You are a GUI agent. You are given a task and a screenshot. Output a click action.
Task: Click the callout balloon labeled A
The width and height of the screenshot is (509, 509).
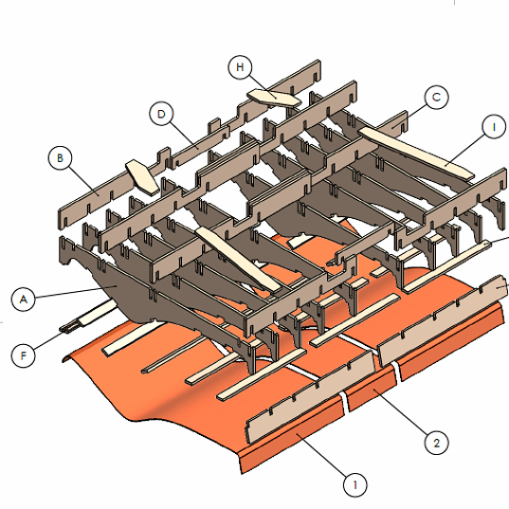(x=24, y=299)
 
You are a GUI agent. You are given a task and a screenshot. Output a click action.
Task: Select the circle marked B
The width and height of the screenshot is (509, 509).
(x=60, y=158)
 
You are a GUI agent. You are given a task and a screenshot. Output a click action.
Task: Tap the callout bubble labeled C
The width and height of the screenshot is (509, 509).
(x=437, y=97)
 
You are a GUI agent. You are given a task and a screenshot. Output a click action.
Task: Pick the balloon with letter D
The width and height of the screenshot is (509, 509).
(x=161, y=114)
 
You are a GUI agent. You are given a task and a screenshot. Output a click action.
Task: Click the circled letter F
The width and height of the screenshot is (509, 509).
(x=23, y=355)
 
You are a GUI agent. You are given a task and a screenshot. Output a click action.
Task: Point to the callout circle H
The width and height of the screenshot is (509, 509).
(x=240, y=67)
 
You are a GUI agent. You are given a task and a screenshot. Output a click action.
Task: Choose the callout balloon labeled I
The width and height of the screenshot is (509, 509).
(x=494, y=127)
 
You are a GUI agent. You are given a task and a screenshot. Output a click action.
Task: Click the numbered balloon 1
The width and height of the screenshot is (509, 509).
(x=355, y=485)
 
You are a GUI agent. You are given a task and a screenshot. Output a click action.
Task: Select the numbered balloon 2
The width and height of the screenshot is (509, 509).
(x=437, y=443)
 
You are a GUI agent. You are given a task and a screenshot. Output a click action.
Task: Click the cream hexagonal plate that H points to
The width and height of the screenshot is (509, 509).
(x=274, y=99)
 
